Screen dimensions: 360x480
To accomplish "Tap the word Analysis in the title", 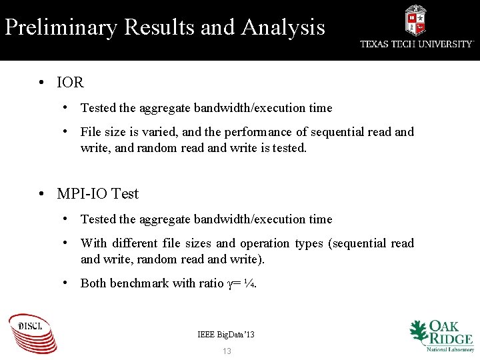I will [283, 28].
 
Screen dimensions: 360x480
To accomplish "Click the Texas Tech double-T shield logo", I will [415, 20].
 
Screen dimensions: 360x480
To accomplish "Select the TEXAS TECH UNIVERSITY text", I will [417, 44].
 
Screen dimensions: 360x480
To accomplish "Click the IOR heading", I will [70, 83].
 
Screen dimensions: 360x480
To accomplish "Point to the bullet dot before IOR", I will [41, 83].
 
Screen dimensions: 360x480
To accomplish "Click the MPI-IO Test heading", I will [98, 194].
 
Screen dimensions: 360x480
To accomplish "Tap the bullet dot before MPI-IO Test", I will [41, 194].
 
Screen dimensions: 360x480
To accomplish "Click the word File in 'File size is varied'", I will [91, 132].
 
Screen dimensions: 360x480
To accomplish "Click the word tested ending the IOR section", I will [288, 148].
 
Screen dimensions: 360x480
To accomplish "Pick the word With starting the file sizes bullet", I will [93, 243].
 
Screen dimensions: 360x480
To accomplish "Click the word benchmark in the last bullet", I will [139, 283].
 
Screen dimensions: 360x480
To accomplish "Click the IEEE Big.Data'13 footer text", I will [226, 334].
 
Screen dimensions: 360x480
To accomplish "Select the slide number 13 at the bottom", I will [227, 351].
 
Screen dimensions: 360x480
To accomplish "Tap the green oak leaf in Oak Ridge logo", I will [419, 331].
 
